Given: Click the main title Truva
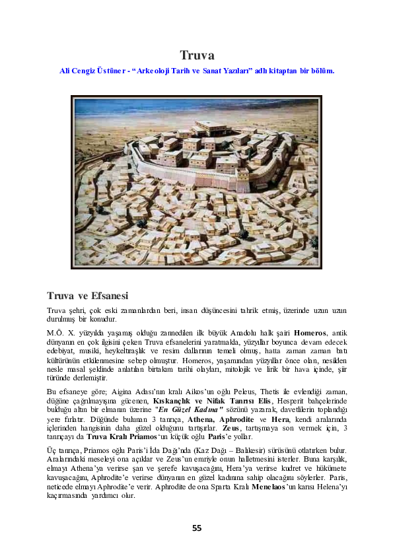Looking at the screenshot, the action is coord(197,55).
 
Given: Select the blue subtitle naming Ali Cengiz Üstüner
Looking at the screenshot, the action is coord(196,69).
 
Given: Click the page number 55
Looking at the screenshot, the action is coord(197,528).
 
